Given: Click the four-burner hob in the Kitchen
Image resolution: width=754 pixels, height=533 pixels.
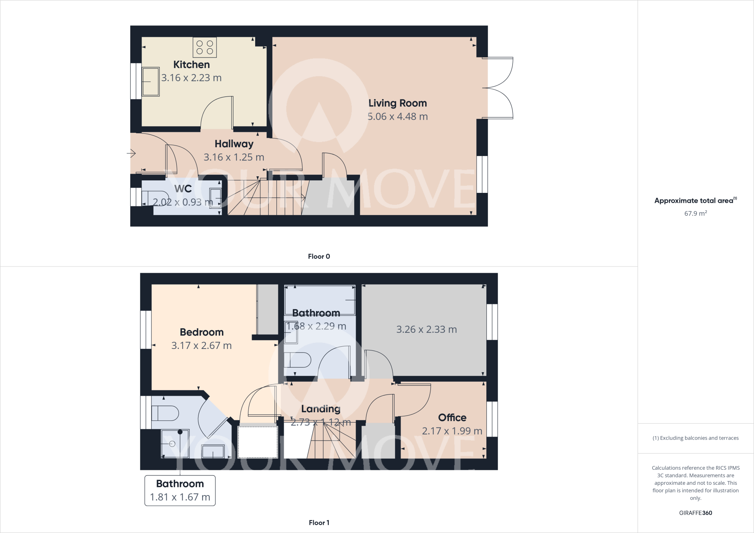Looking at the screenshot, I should point(205,47).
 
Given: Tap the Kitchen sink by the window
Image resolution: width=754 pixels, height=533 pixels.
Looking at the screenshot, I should point(151,82).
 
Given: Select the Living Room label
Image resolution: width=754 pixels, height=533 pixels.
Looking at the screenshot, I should point(398,103).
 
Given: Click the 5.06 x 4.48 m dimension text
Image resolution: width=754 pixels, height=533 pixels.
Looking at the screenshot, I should point(398,117).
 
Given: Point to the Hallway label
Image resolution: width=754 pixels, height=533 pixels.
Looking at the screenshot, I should point(234,144).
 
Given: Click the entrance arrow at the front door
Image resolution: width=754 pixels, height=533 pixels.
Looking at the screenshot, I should point(131,153).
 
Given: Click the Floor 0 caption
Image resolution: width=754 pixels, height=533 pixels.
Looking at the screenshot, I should point(319,257).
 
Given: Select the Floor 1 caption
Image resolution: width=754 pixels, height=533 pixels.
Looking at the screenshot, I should point(319,523).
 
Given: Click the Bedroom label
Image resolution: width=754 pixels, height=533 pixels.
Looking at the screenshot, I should point(202,332).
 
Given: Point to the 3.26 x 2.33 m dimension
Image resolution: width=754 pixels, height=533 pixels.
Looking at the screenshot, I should point(426,329).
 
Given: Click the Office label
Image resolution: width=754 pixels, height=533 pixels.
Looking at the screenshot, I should point(452,417).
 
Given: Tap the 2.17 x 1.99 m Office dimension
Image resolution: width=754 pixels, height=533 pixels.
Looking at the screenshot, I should point(452,431).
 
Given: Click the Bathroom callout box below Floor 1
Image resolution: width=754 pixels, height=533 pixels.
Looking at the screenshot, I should point(180,491).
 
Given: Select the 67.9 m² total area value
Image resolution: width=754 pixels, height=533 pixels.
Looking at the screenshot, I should point(695,213).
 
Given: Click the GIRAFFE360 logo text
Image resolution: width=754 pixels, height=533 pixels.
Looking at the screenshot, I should point(695,513).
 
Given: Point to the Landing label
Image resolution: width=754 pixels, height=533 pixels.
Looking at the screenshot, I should point(321,409).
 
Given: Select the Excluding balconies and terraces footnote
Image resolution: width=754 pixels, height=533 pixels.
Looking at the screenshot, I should point(695,438).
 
